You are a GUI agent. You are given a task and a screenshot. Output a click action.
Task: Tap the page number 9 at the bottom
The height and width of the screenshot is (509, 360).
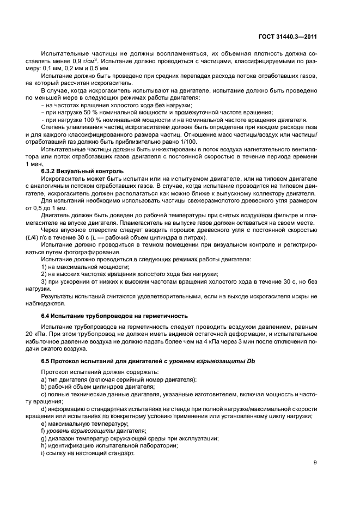(315, 463)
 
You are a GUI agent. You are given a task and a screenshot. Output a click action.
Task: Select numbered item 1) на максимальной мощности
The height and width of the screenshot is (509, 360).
(81, 267)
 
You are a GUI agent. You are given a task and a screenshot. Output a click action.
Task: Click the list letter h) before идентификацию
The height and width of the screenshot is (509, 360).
(44, 445)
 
